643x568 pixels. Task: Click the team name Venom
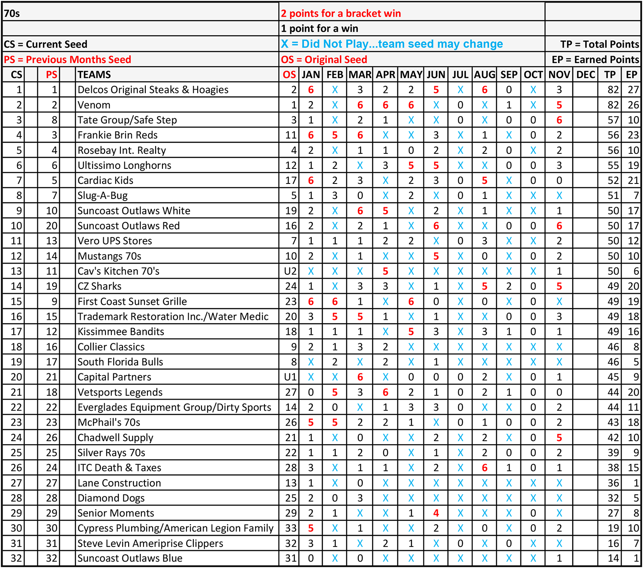click(94, 105)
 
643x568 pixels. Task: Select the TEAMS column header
click(94, 75)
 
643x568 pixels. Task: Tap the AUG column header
click(484, 75)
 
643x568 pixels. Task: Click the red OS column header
click(289, 75)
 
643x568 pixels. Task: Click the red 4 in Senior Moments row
click(436, 513)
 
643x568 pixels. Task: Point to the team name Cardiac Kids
click(105, 180)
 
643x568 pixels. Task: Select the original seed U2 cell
click(290, 271)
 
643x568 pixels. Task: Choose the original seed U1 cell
click(290, 377)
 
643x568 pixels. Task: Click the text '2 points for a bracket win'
click(341, 13)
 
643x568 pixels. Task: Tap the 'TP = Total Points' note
click(599, 44)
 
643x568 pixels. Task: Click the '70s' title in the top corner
click(12, 13)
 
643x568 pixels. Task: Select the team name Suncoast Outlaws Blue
click(130, 558)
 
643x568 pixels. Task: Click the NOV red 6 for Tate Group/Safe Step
click(559, 120)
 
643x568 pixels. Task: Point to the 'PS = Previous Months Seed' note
click(67, 60)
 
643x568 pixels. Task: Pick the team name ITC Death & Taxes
click(119, 468)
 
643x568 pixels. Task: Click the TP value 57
click(613, 120)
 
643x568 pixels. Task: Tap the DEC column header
click(586, 75)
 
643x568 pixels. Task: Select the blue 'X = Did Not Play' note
click(392, 44)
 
